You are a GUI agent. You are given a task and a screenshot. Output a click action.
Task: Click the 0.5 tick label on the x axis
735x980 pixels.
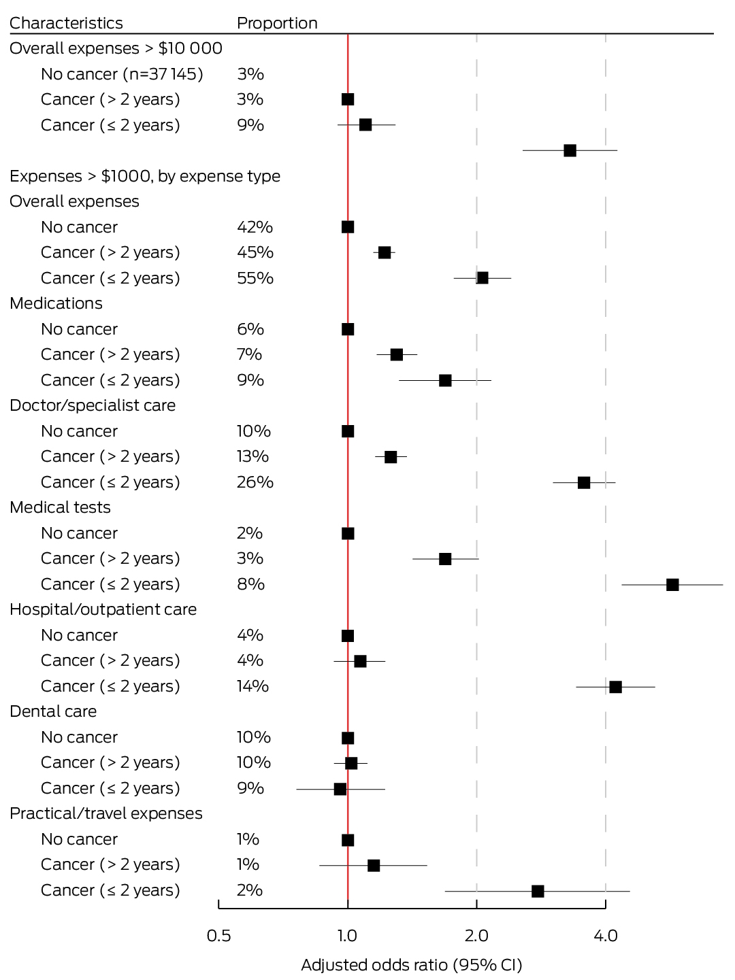pos(218,935)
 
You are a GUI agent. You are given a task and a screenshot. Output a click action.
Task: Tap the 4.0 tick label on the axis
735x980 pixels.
pos(606,935)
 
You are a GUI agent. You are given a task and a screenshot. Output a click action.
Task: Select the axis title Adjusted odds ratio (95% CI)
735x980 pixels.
pos(412,965)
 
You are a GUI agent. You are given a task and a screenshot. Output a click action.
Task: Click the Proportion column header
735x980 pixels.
pos(277,23)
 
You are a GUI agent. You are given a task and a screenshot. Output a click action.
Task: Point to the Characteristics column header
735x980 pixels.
pos(66,23)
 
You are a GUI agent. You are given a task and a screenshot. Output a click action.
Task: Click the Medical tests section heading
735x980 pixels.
pos(60,507)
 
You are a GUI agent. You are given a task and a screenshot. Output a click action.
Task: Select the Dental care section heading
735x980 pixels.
pos(52,711)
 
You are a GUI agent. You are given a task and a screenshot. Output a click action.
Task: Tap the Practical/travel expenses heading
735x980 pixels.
pos(106,813)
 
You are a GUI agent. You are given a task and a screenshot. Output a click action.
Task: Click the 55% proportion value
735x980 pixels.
pos(255,278)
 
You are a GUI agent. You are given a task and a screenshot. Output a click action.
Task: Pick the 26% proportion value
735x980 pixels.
pos(255,482)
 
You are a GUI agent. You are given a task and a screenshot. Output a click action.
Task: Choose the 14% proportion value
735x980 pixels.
pos(253,686)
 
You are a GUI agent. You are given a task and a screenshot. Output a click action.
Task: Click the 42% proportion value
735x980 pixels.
pos(255,227)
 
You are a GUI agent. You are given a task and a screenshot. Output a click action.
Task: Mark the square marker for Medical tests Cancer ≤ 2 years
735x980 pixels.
pos(672,584)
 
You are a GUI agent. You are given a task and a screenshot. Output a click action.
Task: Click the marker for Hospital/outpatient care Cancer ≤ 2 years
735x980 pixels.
pos(615,687)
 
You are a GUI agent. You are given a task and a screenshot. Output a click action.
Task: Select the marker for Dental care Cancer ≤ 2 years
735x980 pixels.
pos(340,789)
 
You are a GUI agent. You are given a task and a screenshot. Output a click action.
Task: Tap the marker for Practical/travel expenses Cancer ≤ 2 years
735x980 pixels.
pos(538,891)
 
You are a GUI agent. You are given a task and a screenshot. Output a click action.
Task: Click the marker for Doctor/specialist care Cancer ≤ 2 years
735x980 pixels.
pos(583,483)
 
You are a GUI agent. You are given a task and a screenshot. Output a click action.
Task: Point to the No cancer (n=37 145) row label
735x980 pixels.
pos(122,74)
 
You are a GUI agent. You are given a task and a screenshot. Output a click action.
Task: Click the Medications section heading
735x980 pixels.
pos(56,303)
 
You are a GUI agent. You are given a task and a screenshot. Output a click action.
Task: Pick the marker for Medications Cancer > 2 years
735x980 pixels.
pos(396,355)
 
